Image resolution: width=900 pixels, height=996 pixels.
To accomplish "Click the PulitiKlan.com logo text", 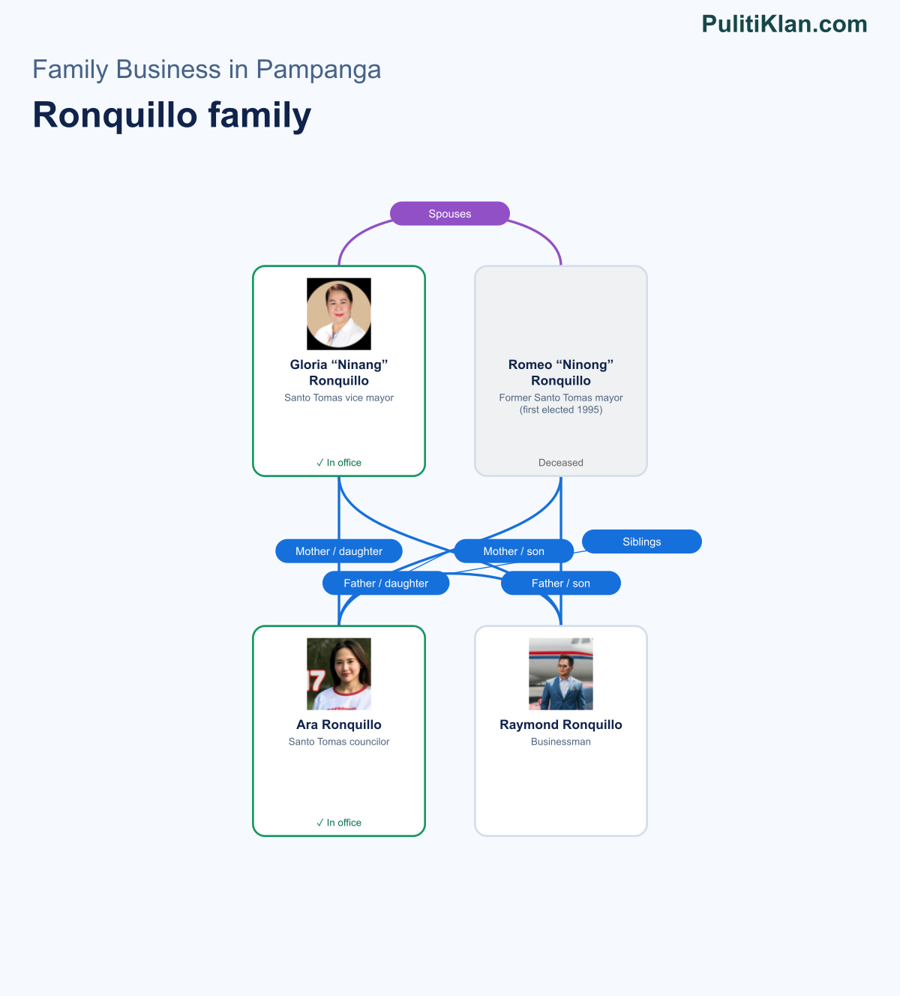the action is tap(784, 24).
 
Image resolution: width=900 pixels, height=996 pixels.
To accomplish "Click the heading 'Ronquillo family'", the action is tap(172, 115).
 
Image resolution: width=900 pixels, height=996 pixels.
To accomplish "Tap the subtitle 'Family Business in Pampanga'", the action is tap(206, 69).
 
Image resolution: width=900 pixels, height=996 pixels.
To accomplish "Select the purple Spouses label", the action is tap(450, 214).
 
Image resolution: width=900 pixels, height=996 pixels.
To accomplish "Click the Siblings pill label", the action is tap(642, 541).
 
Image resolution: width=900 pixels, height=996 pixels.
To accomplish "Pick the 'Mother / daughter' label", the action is tap(339, 551).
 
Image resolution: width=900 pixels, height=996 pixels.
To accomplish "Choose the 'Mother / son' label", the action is tap(514, 551).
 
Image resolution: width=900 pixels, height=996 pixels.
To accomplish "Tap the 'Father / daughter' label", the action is tap(386, 583).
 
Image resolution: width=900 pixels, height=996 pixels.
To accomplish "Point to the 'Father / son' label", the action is tap(561, 583).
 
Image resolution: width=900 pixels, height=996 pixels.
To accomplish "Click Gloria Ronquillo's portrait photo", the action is tap(339, 313).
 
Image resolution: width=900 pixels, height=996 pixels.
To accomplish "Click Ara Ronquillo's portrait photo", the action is tap(339, 673).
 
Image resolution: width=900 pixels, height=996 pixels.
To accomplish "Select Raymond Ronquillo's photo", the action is tap(561, 673).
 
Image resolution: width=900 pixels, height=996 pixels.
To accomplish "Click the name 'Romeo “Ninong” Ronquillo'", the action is tap(561, 373).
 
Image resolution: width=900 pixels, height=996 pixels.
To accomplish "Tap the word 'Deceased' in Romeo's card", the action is tap(561, 463).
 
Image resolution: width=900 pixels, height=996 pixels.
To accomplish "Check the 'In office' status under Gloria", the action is tap(339, 463).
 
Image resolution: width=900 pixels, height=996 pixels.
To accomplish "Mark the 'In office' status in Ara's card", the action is tap(339, 823).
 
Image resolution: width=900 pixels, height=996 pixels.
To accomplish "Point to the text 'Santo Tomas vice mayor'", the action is tap(339, 397).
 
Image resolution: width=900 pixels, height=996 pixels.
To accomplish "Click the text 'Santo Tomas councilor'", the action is tap(339, 742).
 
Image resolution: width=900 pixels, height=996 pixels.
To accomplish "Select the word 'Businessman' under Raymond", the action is tap(561, 742).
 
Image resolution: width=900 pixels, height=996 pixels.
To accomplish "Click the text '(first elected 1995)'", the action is tap(561, 410).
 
